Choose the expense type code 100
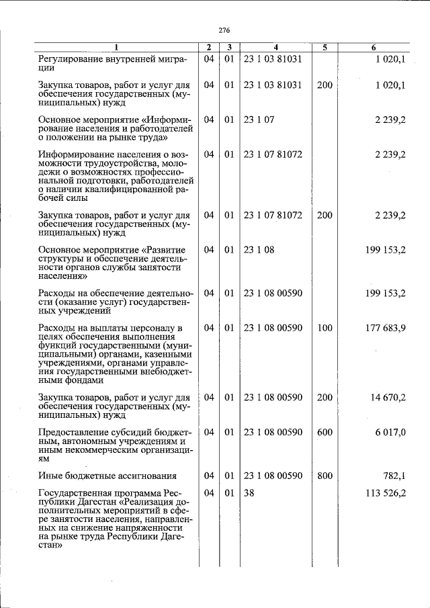click(325, 328)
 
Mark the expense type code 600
click(325, 433)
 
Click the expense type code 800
click(325, 476)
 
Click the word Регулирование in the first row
click(73, 59)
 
